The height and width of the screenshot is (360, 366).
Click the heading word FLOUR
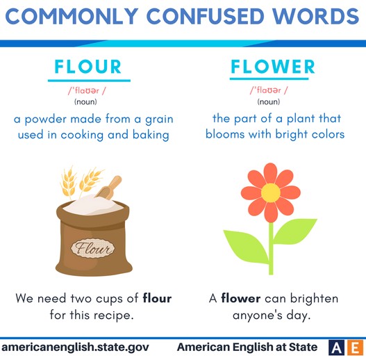click(x=88, y=67)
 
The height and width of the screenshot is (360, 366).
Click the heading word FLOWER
click(x=273, y=67)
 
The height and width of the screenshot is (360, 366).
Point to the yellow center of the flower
click(x=270, y=191)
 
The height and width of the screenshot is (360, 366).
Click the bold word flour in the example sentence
click(x=157, y=299)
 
